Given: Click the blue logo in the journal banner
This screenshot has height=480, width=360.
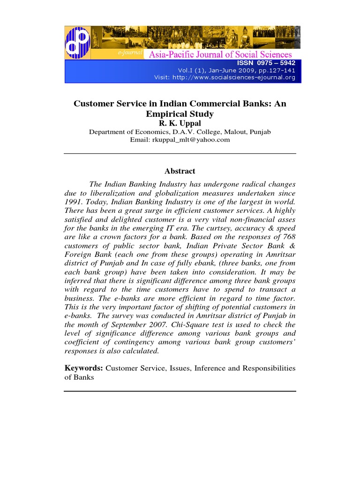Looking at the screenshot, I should (x=77, y=42).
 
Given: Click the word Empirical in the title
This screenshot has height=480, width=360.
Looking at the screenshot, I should (x=162, y=113).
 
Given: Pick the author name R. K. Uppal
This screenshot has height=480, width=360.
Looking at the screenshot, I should (x=180, y=123).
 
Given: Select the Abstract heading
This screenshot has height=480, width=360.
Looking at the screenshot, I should (x=180, y=172).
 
